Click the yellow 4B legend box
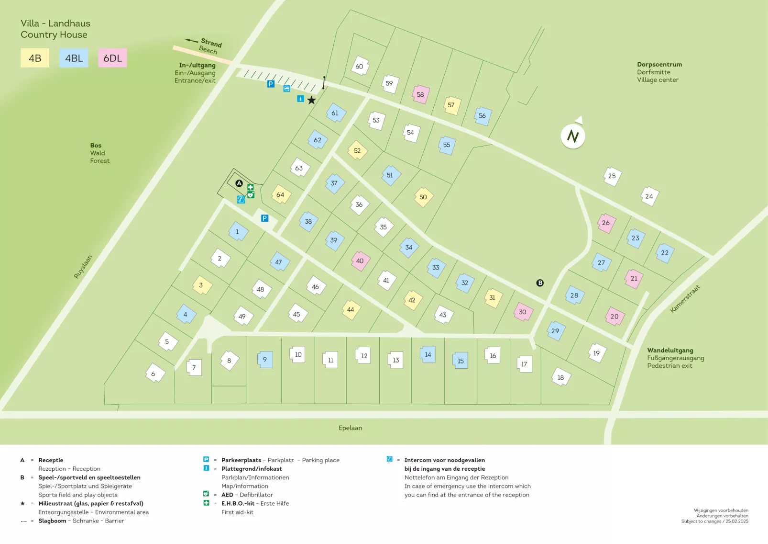pos(35,58)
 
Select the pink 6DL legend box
pos(112,58)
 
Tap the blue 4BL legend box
pos(74,58)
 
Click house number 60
pos(360,66)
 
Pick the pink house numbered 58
pos(420,94)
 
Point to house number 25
pos(612,176)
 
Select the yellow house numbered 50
pos(423,197)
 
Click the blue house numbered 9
pos(265,359)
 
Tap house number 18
pos(560,377)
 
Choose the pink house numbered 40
pos(360,261)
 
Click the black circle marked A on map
pos(239,183)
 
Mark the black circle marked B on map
pos(540,283)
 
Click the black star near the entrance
pos(311,100)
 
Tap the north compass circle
pos(573,136)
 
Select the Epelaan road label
pos(350,428)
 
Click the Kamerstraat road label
pos(685,299)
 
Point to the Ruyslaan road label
pos(82,267)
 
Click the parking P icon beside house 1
pos(264,218)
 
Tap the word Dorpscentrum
pos(659,64)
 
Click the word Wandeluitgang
pos(669,350)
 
